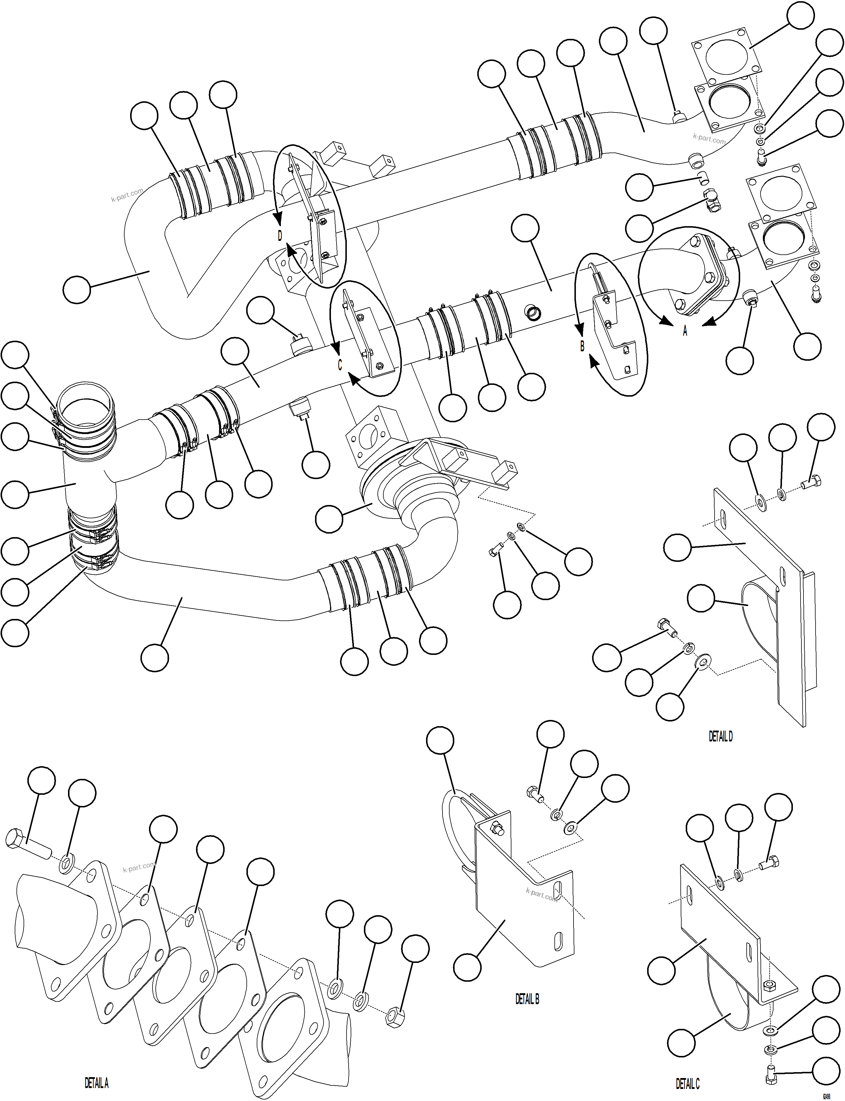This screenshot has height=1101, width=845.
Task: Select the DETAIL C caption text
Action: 687,1083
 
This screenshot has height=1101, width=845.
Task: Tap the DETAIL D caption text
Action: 720,736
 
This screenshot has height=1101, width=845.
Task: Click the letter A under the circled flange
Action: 685,331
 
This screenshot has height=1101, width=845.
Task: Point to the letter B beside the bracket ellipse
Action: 582,346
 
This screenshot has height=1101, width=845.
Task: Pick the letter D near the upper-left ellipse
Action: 280,235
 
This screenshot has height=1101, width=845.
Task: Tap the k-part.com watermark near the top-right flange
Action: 709,138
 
